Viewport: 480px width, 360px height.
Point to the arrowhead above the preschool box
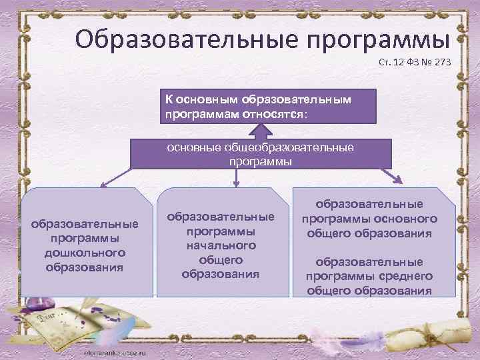pos(102,185)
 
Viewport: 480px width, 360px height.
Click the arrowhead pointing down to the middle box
pos(236,183)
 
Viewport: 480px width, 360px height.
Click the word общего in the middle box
pos(221,259)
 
